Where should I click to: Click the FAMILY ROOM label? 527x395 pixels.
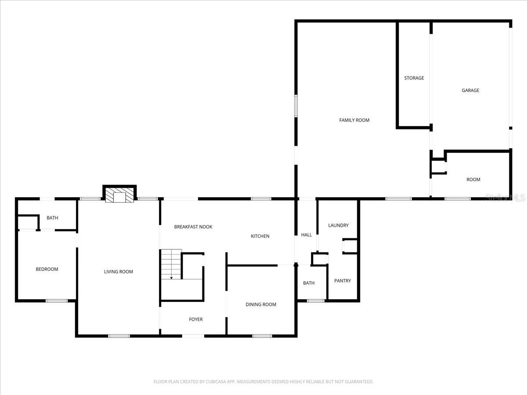pos(354,120)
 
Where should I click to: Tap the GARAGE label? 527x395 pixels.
pos(470,90)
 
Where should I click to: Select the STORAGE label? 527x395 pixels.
pos(414,78)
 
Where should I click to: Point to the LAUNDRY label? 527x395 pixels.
pos(338,226)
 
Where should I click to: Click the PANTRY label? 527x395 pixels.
pos(342,281)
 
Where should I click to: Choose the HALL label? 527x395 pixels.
pos(306,235)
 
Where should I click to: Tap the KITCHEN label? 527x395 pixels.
pos(260,237)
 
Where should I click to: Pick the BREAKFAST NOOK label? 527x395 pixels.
pos(193,227)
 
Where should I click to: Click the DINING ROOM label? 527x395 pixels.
pos(260,305)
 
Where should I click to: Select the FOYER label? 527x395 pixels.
pos(195,320)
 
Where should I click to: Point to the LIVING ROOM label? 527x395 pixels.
pos(118,272)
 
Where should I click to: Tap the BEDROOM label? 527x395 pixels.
pos(47,269)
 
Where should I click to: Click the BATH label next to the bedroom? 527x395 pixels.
pos(52,218)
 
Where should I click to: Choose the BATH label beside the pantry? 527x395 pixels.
pos(308,283)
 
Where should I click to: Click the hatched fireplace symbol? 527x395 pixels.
pos(119,196)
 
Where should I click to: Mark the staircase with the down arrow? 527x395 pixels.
pos(170,264)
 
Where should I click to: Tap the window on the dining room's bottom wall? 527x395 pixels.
pos(262,336)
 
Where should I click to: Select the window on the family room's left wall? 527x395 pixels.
pos(296,106)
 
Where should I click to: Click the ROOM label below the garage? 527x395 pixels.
pos(473,180)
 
